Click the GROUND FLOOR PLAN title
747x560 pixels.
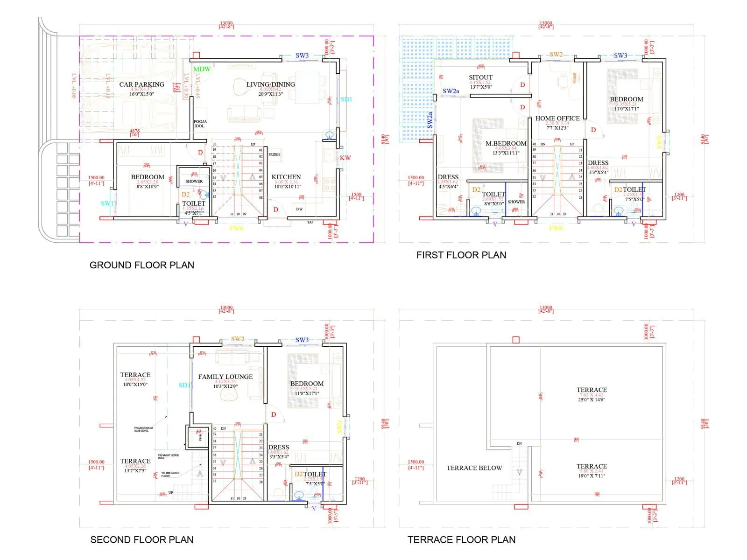click(141, 265)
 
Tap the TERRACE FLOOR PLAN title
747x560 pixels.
click(461, 540)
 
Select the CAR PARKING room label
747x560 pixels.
click(141, 84)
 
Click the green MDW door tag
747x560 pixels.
click(202, 69)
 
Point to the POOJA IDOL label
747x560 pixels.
click(200, 124)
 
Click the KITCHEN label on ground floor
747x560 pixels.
click(286, 177)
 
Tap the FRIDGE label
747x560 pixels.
click(275, 154)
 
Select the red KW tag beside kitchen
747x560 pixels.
click(345, 158)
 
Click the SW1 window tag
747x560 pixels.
click(107, 203)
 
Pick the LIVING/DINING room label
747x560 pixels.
click(271, 84)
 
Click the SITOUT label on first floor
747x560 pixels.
click(480, 77)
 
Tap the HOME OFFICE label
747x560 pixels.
click(557, 119)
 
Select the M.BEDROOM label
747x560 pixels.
click(506, 143)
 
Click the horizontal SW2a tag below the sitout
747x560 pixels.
click(451, 91)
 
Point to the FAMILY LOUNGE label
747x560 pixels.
click(226, 377)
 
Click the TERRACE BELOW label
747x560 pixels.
click(474, 468)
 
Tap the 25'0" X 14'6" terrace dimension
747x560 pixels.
click(592, 400)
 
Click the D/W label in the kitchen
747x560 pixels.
click(299, 209)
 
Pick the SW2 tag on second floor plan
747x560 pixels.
click(238, 339)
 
